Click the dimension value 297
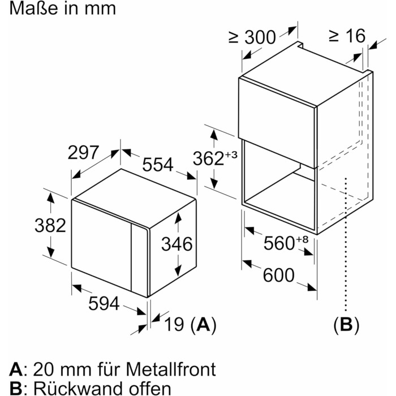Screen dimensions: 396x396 pyautogui.click(x=83, y=153)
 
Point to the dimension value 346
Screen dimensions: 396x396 pyautogui.click(x=177, y=244)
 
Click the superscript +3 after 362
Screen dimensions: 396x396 pyautogui.click(x=231, y=154)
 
